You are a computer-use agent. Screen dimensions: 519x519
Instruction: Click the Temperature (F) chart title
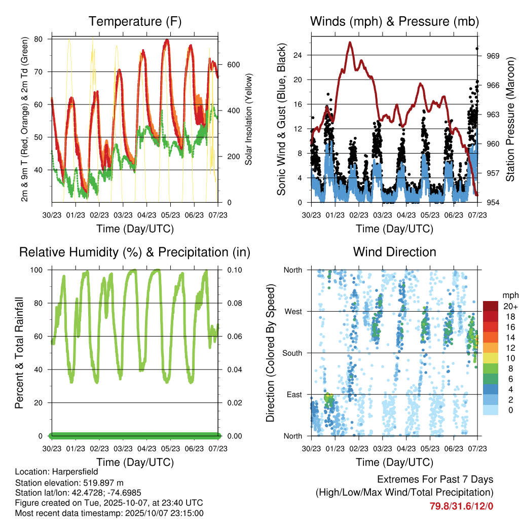tap(135, 22)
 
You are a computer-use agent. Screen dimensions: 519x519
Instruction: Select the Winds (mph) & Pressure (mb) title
tap(394, 22)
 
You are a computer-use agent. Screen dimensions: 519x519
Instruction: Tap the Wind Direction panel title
tap(394, 252)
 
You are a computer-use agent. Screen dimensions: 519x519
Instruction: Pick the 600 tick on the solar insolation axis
tap(233, 64)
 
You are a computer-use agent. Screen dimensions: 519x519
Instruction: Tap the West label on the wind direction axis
tap(293, 311)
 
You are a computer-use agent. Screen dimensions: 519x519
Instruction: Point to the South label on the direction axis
tap(292, 353)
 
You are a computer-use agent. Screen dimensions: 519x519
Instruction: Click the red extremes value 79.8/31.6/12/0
tap(461, 505)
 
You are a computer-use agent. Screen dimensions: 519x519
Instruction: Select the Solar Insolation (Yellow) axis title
tap(249, 119)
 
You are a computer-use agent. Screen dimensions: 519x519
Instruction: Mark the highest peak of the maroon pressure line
tap(350, 43)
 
